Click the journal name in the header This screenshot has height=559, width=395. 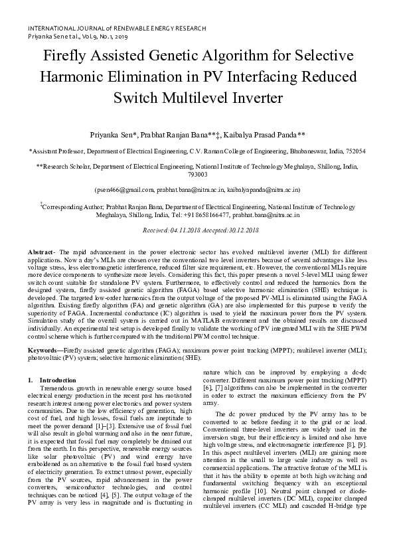point(116,29)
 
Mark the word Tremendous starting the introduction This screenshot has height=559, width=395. point(59,388)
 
